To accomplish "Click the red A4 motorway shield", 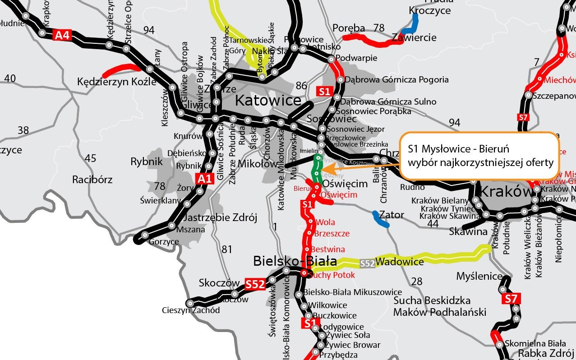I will click(63, 35).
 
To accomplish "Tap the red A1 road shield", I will click(204, 179).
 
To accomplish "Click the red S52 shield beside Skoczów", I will click(254, 284).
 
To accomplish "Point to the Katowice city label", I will click(268, 101).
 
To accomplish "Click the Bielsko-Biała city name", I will click(295, 261).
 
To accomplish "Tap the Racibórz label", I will click(92, 180).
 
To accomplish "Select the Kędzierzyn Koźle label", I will click(117, 82).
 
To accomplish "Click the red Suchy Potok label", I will click(332, 275).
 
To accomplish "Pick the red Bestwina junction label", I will click(328, 249).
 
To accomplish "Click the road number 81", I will click(227, 249).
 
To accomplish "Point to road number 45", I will click(90, 158).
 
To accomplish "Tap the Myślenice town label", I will click(479, 276).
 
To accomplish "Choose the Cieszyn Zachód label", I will click(191, 310).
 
